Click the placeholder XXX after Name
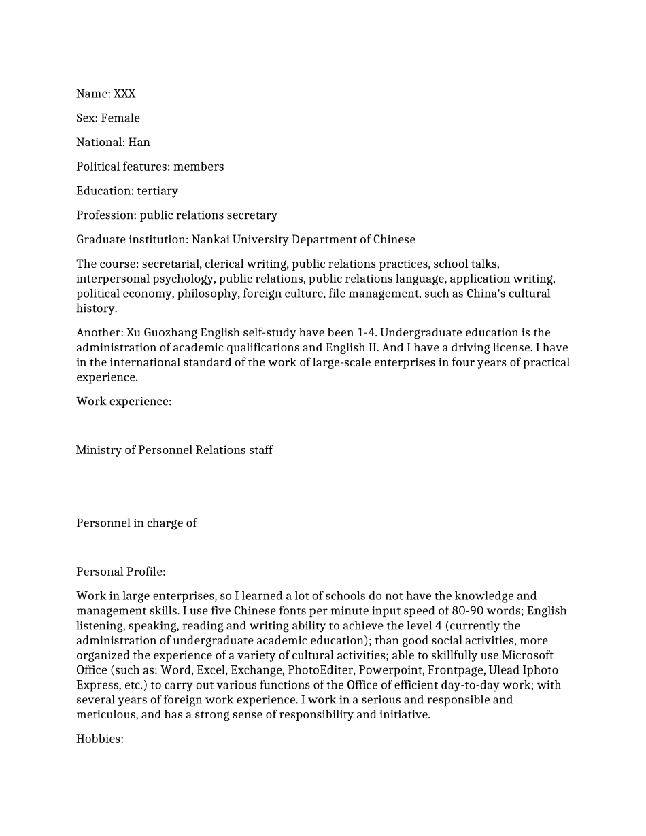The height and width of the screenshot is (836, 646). point(124,94)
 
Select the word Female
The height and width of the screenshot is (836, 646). point(120,118)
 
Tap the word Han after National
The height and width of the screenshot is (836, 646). point(139,143)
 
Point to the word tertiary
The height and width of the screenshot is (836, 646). point(157,191)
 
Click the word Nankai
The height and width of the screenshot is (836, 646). point(213,240)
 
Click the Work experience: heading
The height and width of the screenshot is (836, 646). point(124,402)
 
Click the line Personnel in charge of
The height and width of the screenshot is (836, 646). point(137,523)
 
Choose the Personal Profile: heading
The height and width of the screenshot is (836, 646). point(121,572)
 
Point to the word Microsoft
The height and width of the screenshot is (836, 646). point(527,655)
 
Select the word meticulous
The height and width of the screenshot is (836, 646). point(107,715)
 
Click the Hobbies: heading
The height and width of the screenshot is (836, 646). point(100,739)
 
